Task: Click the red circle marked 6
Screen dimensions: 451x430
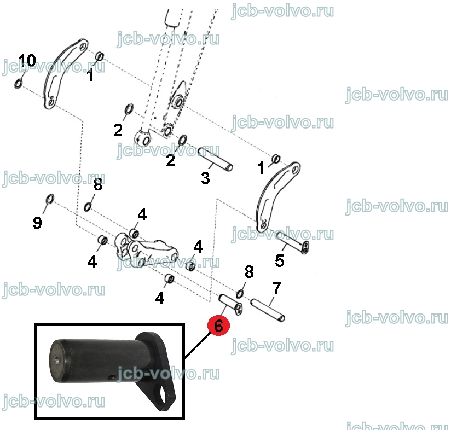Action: [x=218, y=326]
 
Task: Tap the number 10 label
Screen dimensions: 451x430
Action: [x=27, y=60]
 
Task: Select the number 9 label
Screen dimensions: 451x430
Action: [x=37, y=223]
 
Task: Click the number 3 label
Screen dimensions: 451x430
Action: [x=205, y=178]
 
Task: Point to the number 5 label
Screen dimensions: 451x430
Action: [x=280, y=261]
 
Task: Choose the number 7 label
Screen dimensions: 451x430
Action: [x=277, y=288]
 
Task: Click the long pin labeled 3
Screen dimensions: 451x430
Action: [x=215, y=159]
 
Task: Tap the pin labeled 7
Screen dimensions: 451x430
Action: [x=268, y=310]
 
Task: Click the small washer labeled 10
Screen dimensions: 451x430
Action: [x=18, y=83]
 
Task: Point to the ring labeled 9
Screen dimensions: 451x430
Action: [x=50, y=199]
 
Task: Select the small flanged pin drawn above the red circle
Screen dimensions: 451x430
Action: [x=230, y=304]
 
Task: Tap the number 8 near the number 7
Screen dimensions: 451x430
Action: [x=249, y=272]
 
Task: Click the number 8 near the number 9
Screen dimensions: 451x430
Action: [x=98, y=184]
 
